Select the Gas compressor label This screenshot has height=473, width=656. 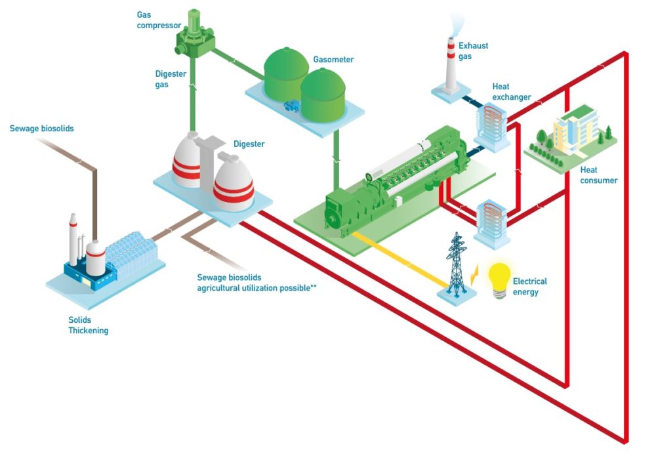(158, 20)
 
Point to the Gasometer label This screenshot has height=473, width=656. (333, 60)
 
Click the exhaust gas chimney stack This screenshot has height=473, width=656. (451, 66)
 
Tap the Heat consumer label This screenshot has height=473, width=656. (598, 175)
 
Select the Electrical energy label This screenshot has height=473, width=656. (529, 286)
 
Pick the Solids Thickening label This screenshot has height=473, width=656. (88, 325)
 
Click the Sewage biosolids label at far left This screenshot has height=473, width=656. (41, 129)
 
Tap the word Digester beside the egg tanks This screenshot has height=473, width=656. (249, 144)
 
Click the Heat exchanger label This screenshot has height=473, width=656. (511, 93)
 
